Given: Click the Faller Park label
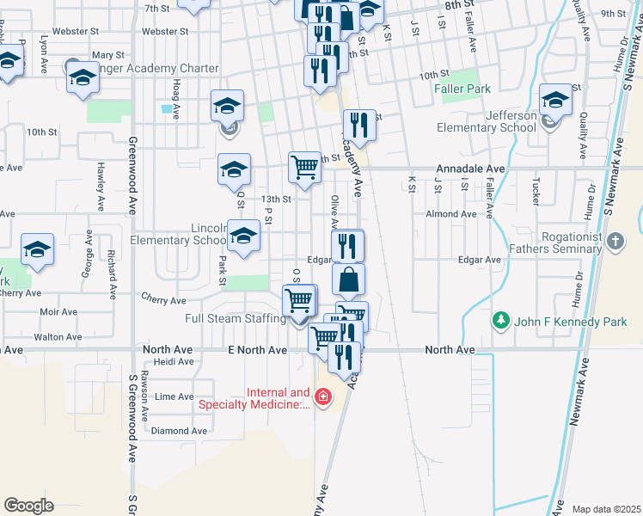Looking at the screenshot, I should pos(466,89).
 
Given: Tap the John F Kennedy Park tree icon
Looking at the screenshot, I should pos(500,321).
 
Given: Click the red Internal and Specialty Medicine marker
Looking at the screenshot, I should pos(322,397).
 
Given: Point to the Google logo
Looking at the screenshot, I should pos(28,505).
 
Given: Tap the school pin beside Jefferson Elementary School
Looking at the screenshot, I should pos(554,102).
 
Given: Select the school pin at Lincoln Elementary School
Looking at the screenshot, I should pos(244,236).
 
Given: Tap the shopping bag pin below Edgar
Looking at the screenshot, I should pos(348,279).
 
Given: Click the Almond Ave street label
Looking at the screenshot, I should pos(450,214).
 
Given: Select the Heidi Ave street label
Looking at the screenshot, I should pos(173,362).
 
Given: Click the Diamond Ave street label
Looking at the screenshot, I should pos(178,431).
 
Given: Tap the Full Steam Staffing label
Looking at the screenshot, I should pos(236,319).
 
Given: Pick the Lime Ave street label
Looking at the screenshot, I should pos(173,396).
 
